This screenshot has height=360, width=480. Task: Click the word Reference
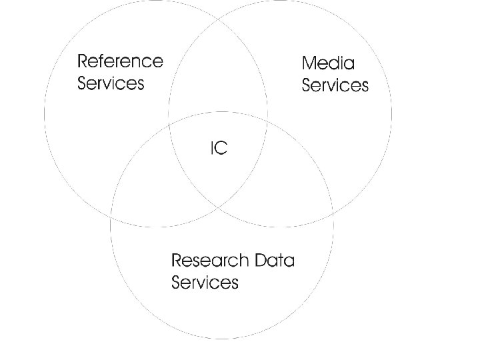[x=120, y=61]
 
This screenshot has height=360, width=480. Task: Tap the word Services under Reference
[x=111, y=84]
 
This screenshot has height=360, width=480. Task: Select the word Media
[x=329, y=63]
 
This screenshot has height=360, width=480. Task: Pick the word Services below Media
[x=335, y=86]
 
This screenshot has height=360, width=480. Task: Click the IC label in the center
[x=219, y=149]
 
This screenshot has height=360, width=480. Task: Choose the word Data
[x=275, y=259]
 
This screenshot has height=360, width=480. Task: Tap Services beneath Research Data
[x=205, y=282]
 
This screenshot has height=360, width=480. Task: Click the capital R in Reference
[x=83, y=61]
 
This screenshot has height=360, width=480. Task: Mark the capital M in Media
[x=309, y=63]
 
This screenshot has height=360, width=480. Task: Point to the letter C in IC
[x=222, y=149]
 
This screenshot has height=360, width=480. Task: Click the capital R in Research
[x=177, y=259]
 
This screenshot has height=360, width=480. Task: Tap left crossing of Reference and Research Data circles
[x=111, y=219]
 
